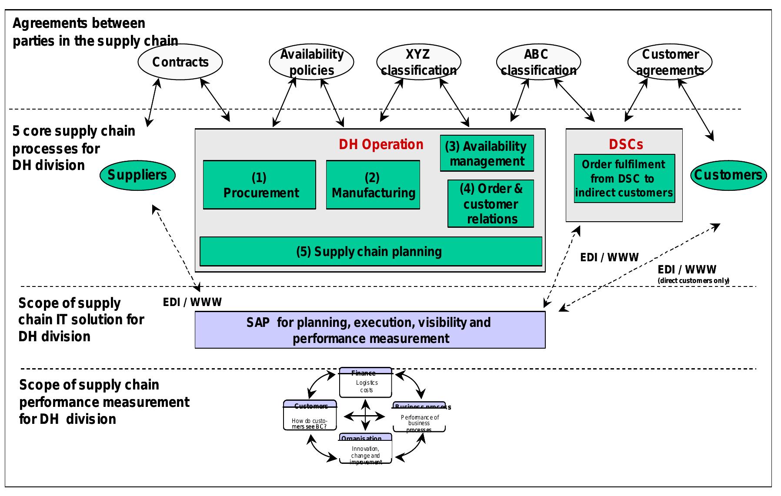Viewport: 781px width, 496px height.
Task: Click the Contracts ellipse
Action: pos(180,62)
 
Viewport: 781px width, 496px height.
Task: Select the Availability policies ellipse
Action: pos(311,62)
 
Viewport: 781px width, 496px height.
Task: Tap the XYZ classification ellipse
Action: pos(418,62)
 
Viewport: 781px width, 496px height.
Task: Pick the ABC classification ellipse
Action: pos(538,62)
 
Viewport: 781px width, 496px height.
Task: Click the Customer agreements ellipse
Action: pos(670,62)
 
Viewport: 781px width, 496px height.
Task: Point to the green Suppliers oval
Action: pos(137,175)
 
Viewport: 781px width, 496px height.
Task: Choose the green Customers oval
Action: pos(728,175)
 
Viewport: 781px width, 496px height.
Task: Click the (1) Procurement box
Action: pos(260,185)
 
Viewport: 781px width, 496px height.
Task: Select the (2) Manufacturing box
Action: pos(373,185)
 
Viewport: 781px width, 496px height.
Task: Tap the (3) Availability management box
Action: pos(487,153)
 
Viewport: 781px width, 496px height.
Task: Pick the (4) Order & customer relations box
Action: pos(491,203)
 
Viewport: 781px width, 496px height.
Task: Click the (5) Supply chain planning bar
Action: pos(370,251)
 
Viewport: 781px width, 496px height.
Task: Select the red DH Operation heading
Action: pos(381,144)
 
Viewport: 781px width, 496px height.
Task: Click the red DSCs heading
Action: pos(626,144)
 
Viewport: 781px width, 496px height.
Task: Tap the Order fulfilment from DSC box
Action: pos(624,179)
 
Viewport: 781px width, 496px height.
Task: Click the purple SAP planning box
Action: pos(370,330)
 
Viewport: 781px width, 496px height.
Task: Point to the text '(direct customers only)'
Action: pos(693,281)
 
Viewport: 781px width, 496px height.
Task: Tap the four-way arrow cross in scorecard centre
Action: pos(365,416)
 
